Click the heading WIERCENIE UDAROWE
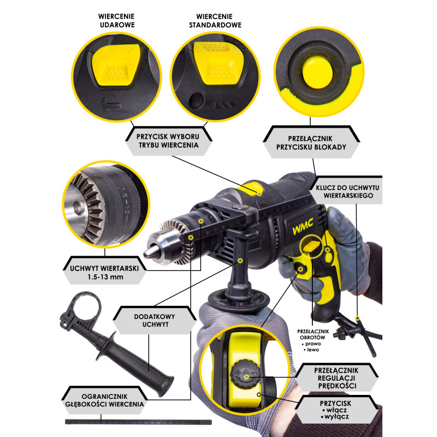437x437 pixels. [117, 21]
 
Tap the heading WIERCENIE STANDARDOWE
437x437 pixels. [215, 21]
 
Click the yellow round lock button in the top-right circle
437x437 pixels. [317, 72]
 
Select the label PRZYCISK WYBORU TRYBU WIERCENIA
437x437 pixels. [169, 141]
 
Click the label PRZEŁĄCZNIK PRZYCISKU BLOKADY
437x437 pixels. [311, 143]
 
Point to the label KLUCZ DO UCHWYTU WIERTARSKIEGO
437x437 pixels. [348, 192]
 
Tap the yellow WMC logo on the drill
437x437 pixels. [303, 226]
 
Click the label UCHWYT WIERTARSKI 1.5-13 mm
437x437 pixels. [104, 273]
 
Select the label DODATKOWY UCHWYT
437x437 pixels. [155, 320]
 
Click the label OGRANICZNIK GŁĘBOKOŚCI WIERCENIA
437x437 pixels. [104, 400]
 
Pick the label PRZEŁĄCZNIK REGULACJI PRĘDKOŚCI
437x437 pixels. [336, 378]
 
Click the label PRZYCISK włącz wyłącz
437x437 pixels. [335, 410]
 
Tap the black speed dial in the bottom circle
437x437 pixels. [245, 374]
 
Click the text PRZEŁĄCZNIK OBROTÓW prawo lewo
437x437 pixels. [312, 340]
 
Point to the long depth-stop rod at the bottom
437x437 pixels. [138, 422]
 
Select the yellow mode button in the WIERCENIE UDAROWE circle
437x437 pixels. [115, 64]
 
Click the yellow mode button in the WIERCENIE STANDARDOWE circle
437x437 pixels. [218, 63]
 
